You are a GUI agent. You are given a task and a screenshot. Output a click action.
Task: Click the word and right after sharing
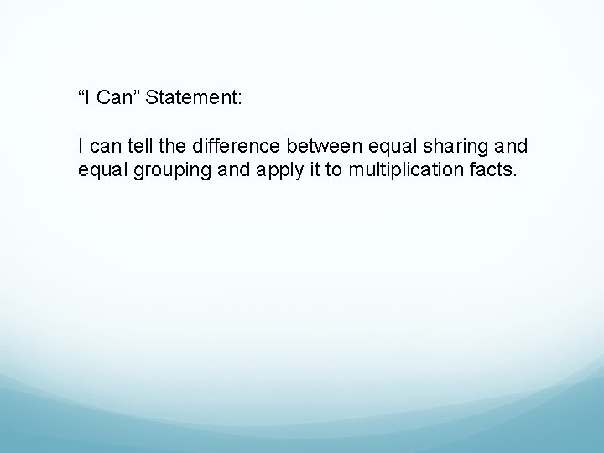[x=513, y=147]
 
